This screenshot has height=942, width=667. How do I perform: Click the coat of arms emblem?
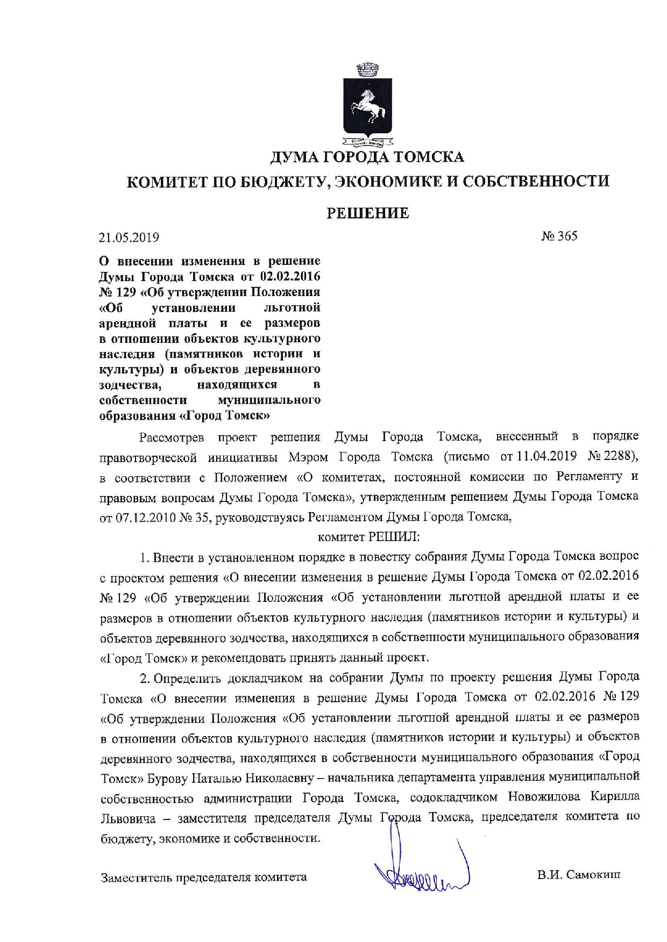(368, 105)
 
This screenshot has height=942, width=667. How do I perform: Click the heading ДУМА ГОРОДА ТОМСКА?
(367, 157)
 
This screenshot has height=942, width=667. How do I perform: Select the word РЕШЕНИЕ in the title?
(368, 213)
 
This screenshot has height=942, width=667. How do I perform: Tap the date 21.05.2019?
(129, 237)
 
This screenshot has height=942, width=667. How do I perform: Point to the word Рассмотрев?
(172, 437)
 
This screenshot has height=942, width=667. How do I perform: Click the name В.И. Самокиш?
(579, 875)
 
